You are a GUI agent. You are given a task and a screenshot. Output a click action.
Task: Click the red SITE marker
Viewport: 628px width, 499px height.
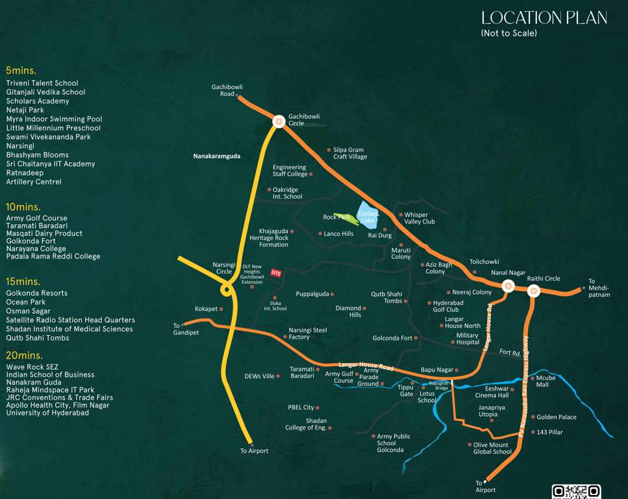click(276, 274)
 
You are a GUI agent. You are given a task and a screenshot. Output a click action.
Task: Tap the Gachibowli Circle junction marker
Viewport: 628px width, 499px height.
click(279, 122)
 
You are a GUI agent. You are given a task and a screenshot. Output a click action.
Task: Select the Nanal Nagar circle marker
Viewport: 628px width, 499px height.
click(508, 285)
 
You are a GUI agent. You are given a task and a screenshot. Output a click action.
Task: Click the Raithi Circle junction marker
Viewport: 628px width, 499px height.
click(534, 290)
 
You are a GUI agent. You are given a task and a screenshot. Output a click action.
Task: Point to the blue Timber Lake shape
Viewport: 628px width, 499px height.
click(368, 215)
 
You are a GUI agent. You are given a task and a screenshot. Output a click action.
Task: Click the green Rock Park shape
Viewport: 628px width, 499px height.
click(344, 218)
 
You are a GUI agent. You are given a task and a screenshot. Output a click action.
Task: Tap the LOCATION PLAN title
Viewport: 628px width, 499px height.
click(544, 18)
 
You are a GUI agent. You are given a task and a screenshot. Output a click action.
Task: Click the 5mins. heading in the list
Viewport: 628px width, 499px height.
click(21, 70)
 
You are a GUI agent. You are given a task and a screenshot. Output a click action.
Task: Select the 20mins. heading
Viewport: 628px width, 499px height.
click(24, 355)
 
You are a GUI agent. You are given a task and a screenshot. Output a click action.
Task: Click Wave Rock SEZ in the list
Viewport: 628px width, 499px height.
click(32, 367)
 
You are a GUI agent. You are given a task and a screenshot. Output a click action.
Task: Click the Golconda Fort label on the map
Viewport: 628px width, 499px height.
click(392, 339)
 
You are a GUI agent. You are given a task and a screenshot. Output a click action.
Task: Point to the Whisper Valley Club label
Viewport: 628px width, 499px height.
click(420, 218)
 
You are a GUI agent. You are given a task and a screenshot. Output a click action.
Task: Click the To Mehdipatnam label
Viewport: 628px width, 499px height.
click(599, 288)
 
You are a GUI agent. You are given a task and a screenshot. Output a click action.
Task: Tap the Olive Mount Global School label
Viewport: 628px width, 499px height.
click(492, 448)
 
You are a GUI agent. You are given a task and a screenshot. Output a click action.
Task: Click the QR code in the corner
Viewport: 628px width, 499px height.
click(575, 492)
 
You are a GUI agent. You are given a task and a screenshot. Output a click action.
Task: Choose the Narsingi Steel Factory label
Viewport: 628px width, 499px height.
click(308, 333)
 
